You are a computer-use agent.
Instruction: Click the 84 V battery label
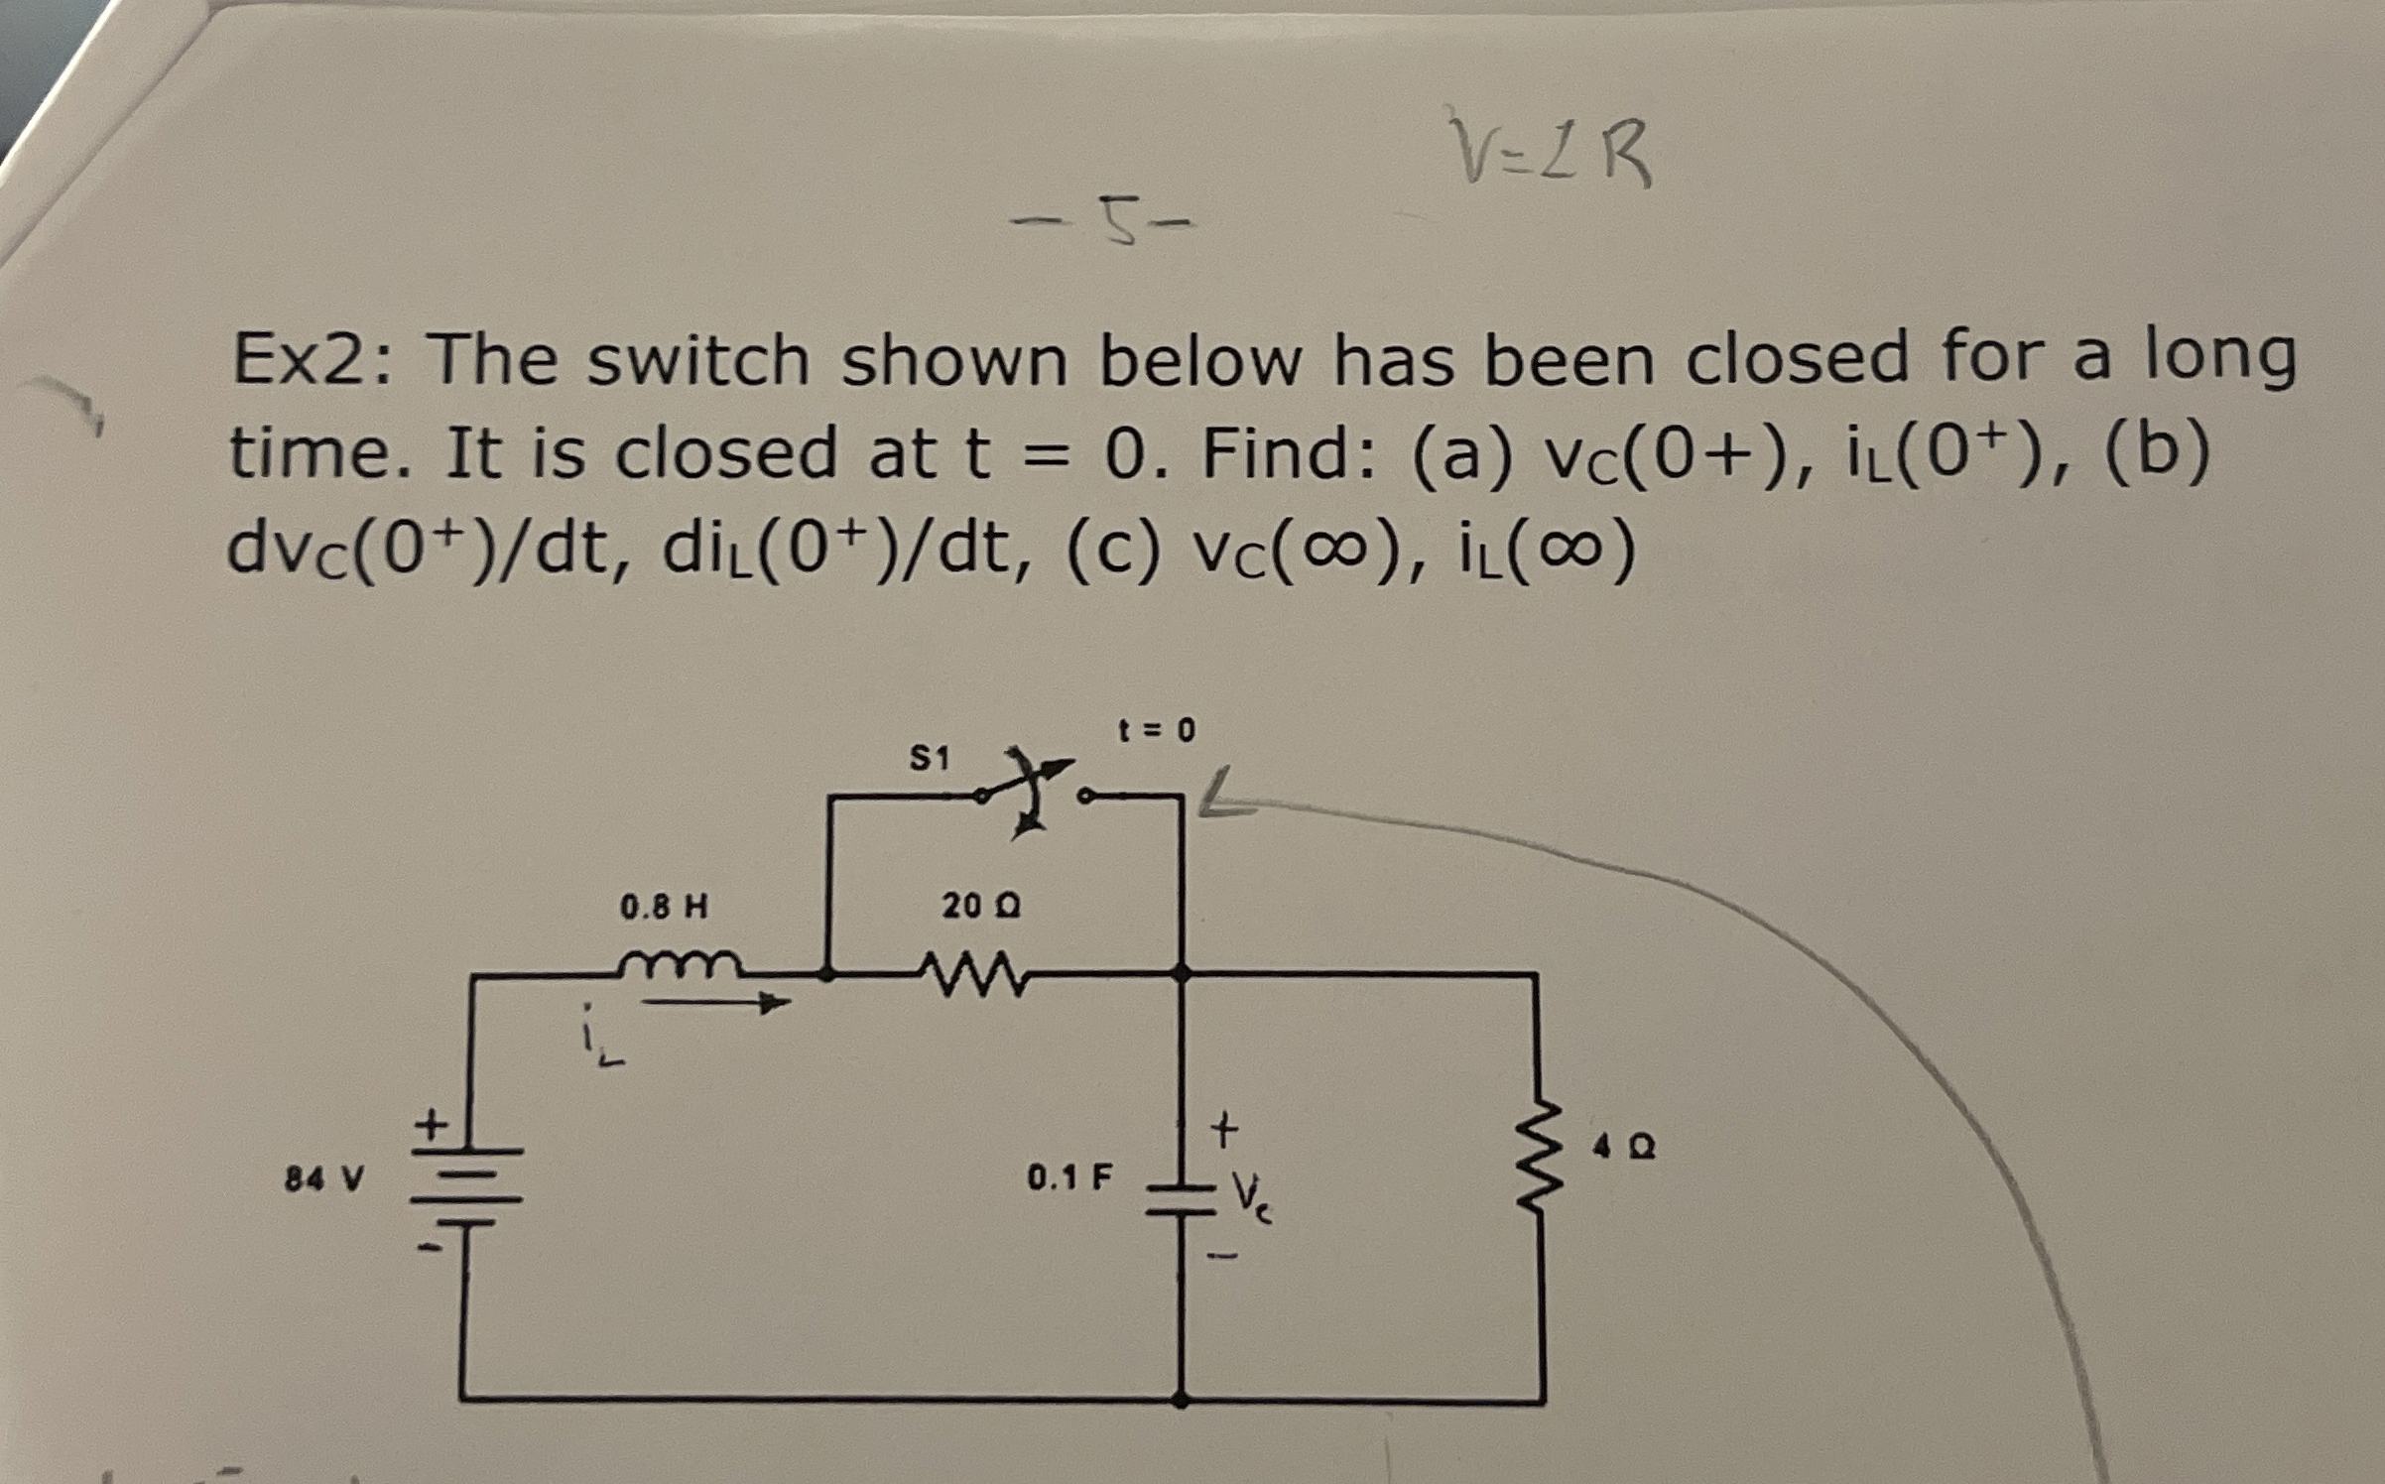(323, 1179)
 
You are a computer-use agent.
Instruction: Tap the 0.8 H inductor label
(664, 907)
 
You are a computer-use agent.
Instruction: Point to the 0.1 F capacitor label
(1068, 1177)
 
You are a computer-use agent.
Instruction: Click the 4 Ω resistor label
(1623, 1149)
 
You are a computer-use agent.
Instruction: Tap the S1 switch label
(930, 760)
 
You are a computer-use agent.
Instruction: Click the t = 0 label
(1157, 731)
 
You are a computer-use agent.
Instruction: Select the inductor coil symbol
(679, 963)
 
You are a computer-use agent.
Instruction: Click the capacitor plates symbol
(1181, 1198)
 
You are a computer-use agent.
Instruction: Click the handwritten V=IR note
(1550, 151)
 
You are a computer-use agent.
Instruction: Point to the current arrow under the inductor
(715, 1004)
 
